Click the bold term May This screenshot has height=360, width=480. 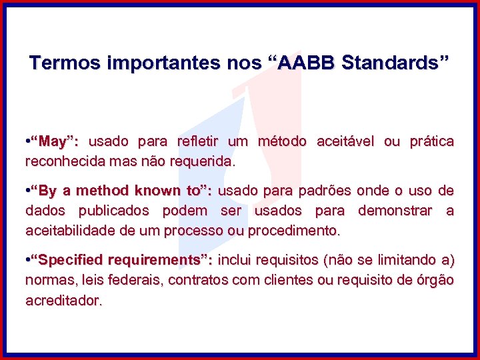(56, 141)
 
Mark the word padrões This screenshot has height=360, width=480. (323, 191)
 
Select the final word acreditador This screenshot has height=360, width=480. (63, 301)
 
